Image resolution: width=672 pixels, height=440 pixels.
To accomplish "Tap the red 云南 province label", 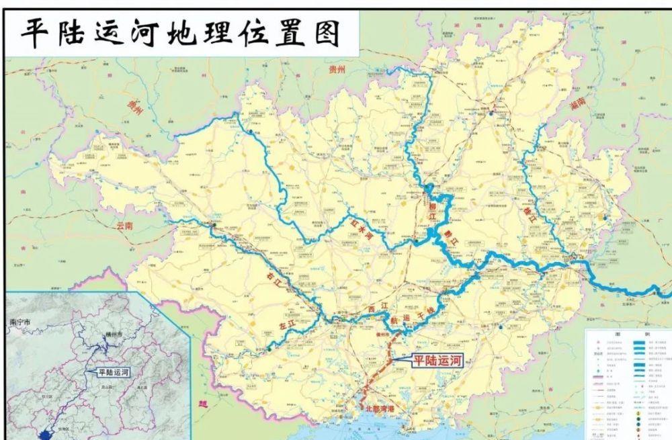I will click(x=125, y=226).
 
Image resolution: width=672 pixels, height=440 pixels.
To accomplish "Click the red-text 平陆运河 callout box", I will click(x=437, y=360).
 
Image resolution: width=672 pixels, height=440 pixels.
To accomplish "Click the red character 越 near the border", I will click(x=202, y=402).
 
